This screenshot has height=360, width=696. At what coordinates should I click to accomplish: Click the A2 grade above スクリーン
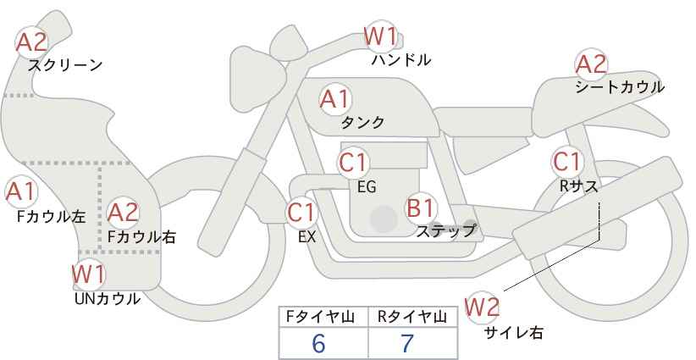coord(32,41)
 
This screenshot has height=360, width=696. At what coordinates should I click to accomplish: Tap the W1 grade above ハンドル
coord(380,37)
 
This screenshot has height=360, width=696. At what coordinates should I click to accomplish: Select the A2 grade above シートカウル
coord(591,64)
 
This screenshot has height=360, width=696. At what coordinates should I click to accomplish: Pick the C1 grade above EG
coord(353,162)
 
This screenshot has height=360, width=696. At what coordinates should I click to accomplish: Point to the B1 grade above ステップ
coord(421,208)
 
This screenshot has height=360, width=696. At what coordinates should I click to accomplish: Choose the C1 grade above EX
coord(301,212)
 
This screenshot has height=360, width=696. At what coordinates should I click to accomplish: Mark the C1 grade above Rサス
coord(566,161)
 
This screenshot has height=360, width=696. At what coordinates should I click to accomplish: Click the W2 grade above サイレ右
coord(483,306)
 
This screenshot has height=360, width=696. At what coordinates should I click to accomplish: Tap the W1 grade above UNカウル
coord(88,274)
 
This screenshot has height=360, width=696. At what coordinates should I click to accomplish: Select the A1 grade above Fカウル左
coord(19,192)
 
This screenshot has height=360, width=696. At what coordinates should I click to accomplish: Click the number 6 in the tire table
coord(318,343)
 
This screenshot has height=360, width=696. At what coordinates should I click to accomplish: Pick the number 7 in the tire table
coord(407,343)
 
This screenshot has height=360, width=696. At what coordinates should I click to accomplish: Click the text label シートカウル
coord(619,87)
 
